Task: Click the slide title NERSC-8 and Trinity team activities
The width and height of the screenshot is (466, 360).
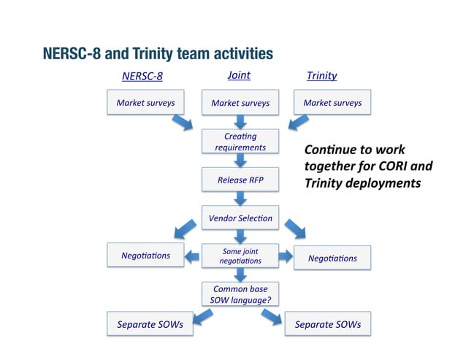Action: click(158, 54)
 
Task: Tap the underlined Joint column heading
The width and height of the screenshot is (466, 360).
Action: click(239, 74)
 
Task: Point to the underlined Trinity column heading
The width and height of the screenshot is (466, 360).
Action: click(321, 76)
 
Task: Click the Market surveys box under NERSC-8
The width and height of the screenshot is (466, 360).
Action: click(145, 103)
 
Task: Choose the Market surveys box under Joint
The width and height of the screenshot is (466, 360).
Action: click(240, 104)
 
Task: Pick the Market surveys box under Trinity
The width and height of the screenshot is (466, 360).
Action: click(332, 103)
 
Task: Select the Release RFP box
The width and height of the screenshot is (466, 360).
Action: click(240, 180)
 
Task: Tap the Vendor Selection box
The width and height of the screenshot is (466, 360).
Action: click(240, 218)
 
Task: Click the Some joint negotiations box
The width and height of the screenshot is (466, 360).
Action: click(240, 256)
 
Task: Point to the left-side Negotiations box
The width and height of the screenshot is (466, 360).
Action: click(145, 256)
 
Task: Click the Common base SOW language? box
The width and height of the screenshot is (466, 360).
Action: click(240, 295)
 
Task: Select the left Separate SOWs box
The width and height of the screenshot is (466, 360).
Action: click(150, 324)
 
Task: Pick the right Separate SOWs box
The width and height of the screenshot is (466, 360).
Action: click(327, 324)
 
